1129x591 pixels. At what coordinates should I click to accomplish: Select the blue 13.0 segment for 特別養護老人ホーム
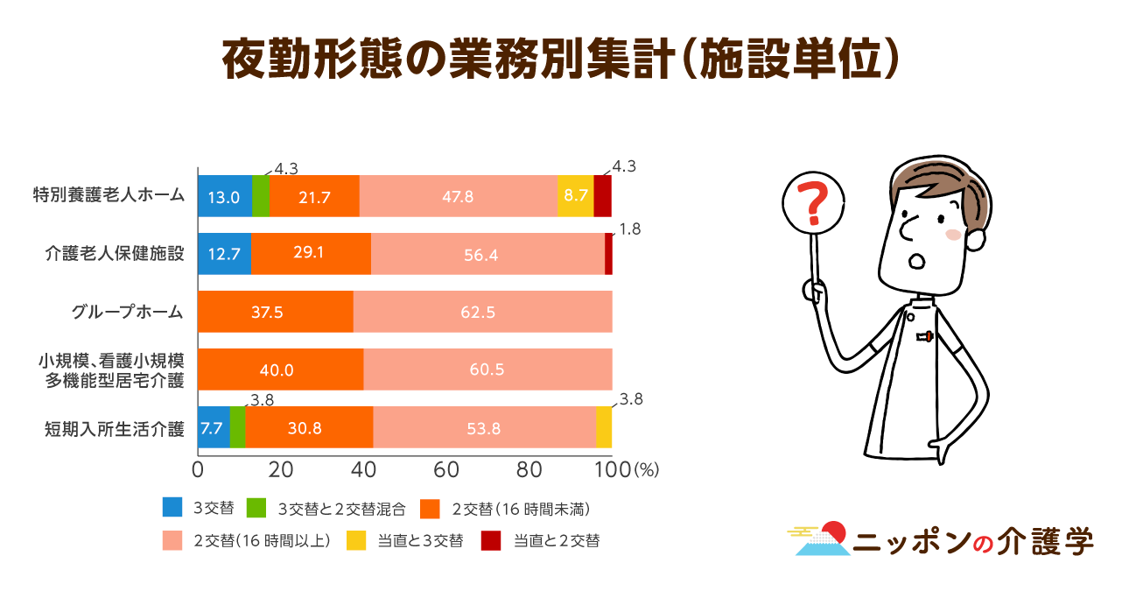click(x=224, y=196)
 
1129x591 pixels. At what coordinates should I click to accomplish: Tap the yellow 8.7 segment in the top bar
click(x=576, y=196)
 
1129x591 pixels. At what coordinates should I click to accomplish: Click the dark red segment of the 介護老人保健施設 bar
click(x=608, y=254)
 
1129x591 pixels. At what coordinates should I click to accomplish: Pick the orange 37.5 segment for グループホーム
click(x=275, y=312)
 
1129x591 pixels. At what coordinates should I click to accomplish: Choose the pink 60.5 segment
click(x=487, y=369)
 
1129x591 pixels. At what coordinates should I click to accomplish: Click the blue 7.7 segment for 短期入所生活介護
click(x=214, y=428)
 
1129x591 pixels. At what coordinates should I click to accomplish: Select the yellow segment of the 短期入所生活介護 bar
click(x=604, y=428)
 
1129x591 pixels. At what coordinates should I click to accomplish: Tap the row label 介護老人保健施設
click(x=115, y=254)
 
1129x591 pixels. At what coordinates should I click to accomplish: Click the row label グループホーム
click(x=128, y=312)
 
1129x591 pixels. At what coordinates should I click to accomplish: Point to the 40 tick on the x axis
click(x=364, y=469)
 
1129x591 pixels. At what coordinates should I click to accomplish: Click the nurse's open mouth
click(x=918, y=261)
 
